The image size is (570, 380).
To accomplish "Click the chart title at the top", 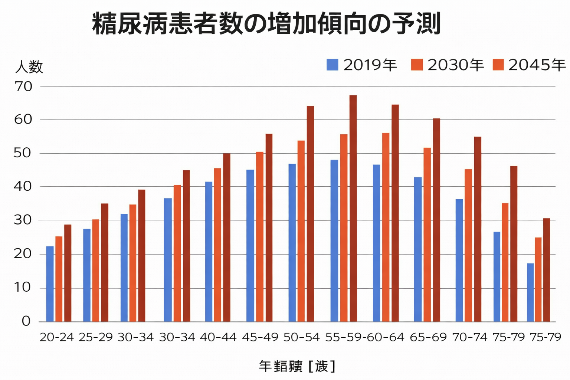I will (x=266, y=24).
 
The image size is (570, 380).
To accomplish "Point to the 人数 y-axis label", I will (x=29, y=67).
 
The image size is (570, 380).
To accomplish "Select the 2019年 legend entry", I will (x=362, y=65).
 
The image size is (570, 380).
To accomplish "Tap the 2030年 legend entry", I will (x=448, y=65).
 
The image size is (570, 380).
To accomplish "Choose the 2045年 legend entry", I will (x=529, y=65).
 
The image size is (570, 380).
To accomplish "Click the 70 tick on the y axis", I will (x=23, y=86).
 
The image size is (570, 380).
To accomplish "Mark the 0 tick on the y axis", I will (x=26, y=321).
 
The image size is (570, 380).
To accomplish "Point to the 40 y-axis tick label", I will (x=23, y=186).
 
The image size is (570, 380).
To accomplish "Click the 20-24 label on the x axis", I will (x=57, y=337).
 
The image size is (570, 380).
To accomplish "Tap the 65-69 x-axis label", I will (x=428, y=337).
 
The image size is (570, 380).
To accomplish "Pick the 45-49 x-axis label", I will (x=260, y=337).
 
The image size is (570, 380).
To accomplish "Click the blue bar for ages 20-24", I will (x=50, y=284).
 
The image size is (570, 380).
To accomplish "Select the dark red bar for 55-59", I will (x=353, y=209).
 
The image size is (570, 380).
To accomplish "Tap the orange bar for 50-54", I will (x=301, y=231).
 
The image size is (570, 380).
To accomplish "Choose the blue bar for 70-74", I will (x=459, y=260).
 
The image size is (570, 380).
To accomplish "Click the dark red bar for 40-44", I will (x=226, y=237).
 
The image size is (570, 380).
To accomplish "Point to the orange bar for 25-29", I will (x=96, y=271).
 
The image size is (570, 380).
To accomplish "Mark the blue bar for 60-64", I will (x=376, y=243).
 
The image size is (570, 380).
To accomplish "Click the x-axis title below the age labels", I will (x=297, y=366).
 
